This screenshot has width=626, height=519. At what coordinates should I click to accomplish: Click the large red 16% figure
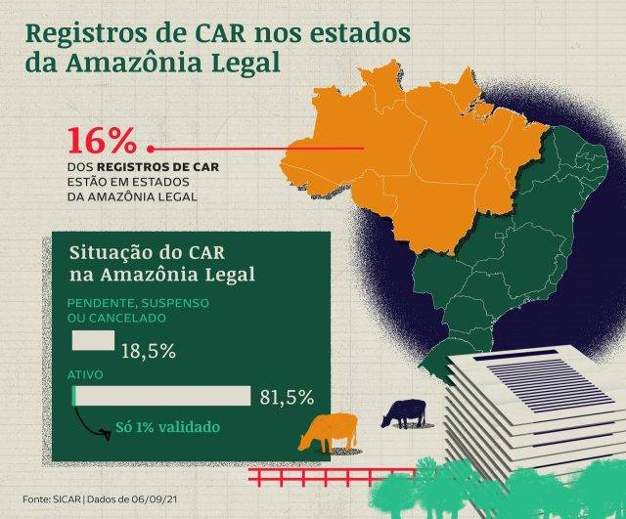[x=102, y=142]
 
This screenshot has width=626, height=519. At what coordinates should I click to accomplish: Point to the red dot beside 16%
[x=151, y=149]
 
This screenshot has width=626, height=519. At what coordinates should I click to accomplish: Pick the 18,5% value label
[x=148, y=350]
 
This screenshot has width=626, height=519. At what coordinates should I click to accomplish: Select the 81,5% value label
[x=287, y=397]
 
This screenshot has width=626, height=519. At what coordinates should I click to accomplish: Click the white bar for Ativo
[x=161, y=395]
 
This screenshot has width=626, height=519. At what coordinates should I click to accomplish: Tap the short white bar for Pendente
[x=93, y=341]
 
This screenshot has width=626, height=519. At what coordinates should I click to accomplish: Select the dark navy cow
[x=403, y=412]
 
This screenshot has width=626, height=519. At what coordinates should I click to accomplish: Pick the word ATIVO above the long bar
[x=84, y=375]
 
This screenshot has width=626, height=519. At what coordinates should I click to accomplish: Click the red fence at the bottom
[x=313, y=477]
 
